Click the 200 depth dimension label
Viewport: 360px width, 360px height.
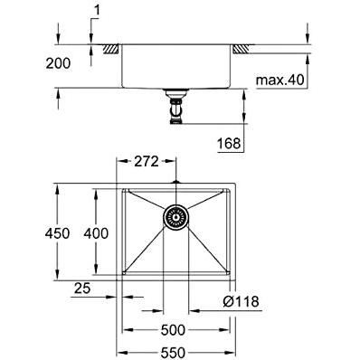(58, 63)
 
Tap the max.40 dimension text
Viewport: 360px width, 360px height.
(280, 81)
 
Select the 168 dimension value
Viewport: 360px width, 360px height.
(229, 144)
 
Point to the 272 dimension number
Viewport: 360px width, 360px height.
(147, 162)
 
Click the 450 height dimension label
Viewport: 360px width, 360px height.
(57, 233)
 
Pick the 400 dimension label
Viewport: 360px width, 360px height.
(96, 233)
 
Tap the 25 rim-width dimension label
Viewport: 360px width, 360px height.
(82, 289)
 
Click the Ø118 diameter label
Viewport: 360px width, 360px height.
(241, 301)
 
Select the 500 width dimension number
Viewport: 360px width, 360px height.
(173, 330)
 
